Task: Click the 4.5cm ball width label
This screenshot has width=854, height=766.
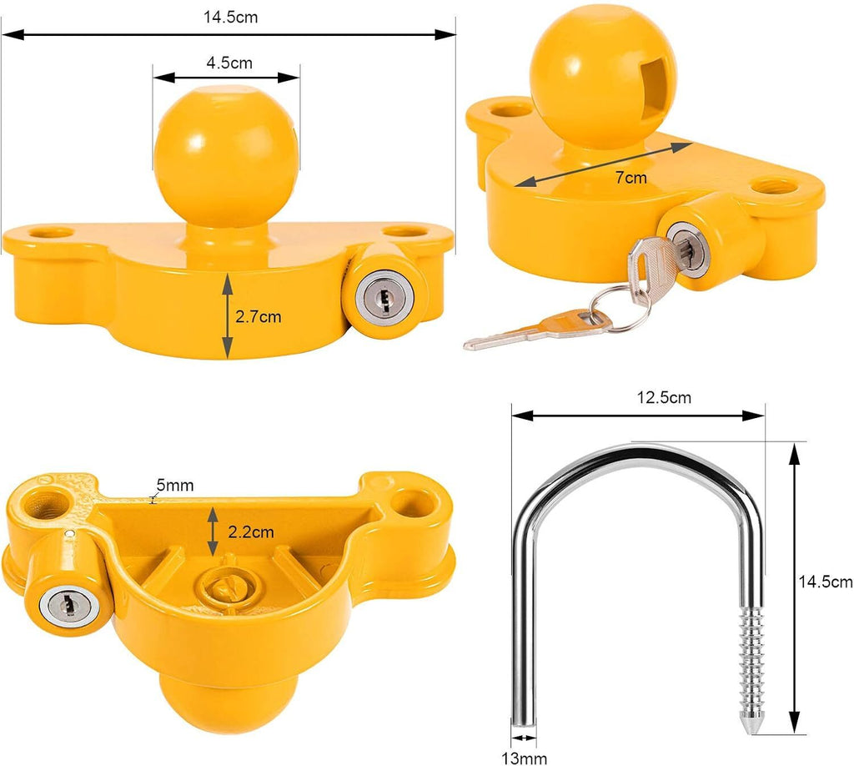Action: click(x=229, y=63)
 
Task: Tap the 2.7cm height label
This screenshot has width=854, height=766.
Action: click(x=259, y=316)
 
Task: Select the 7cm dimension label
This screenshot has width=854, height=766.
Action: click(x=630, y=178)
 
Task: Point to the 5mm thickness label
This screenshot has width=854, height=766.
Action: click(x=175, y=484)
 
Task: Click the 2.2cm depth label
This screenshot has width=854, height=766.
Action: click(x=250, y=532)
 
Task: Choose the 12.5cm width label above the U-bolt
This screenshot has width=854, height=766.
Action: click(x=664, y=397)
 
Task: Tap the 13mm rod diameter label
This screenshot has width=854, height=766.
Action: click(x=524, y=758)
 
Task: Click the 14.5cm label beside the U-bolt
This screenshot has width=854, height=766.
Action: click(x=825, y=582)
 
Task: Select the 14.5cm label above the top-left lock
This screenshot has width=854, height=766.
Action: click(x=230, y=17)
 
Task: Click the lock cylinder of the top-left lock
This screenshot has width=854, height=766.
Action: click(x=384, y=297)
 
